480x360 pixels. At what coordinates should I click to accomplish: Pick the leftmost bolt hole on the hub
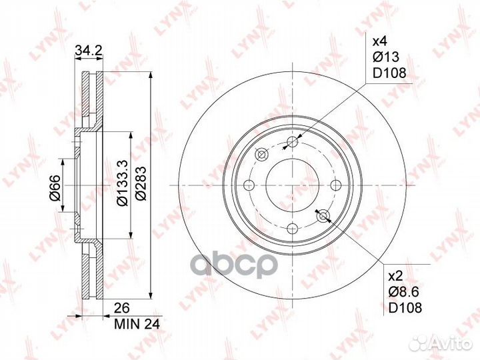(249, 185)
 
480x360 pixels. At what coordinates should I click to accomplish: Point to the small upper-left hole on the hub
(261, 155)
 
